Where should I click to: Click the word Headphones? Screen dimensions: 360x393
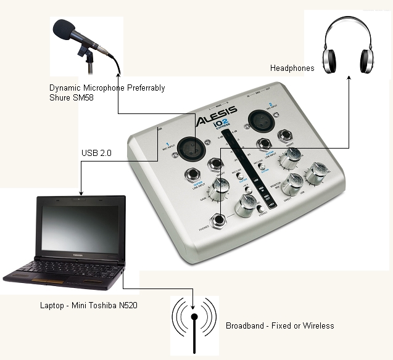coord(292,68)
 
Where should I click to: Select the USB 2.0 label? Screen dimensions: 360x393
coord(96,153)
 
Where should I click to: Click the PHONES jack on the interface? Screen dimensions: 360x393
coord(218,220)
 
